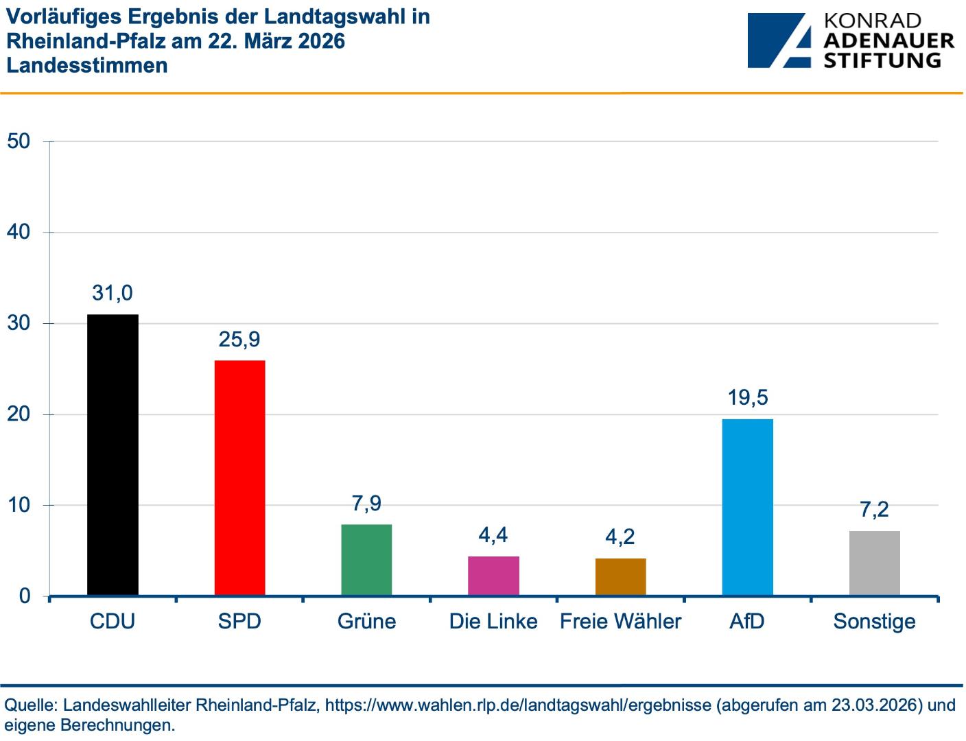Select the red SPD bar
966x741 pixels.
coord(239,478)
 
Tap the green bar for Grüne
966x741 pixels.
coord(366,559)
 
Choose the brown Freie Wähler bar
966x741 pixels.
coord(620,576)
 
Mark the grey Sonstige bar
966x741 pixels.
coord(874,563)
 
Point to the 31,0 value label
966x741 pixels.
coord(113,293)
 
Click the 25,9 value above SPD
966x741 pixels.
coord(239,339)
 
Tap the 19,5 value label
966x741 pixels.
coord(747,397)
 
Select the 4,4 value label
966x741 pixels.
coord(493,534)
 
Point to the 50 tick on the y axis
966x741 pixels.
coord(19,141)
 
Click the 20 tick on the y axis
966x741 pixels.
coord(19,414)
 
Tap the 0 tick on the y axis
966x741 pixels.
coord(25,596)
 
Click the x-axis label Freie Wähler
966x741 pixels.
coord(620,622)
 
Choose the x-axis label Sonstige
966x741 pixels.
coord(874,622)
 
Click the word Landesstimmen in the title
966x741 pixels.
coord(87,65)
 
